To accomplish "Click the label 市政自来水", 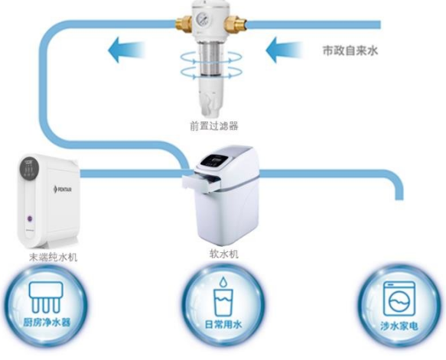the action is tap(350, 50).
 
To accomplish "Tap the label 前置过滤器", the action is tap(214, 126).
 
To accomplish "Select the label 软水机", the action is tap(224, 254).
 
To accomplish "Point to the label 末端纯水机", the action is tap(54, 257).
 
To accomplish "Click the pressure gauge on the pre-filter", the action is tap(203, 19).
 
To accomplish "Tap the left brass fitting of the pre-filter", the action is tap(184, 23).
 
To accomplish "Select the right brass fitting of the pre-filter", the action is tap(235, 23).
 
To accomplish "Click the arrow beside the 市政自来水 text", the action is tap(284, 50).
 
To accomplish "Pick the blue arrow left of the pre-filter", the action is tap(126, 50).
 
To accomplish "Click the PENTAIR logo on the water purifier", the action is tap(63, 189).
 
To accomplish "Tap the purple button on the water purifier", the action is tap(30, 219).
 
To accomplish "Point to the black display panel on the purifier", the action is tap(29, 167).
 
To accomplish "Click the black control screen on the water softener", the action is tap(214, 161).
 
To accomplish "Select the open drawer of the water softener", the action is tap(200, 182).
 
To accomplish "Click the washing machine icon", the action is tap(399, 298).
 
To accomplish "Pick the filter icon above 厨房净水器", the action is tap(45, 297).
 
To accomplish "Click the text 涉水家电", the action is tap(399, 326).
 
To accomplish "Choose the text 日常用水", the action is tap(223, 325).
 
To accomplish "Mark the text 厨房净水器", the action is tap(47, 323).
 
